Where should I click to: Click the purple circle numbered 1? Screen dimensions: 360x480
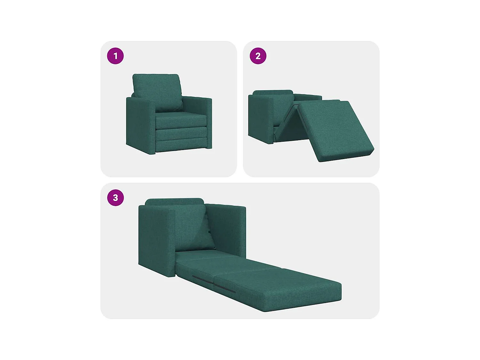[x=115, y=56]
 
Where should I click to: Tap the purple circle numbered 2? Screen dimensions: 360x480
[x=258, y=56]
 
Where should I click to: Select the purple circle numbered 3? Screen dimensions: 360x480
[x=115, y=197]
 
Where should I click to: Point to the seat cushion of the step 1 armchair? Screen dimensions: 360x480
[x=181, y=120]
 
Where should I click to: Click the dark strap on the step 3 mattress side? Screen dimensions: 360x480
[x=214, y=284]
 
